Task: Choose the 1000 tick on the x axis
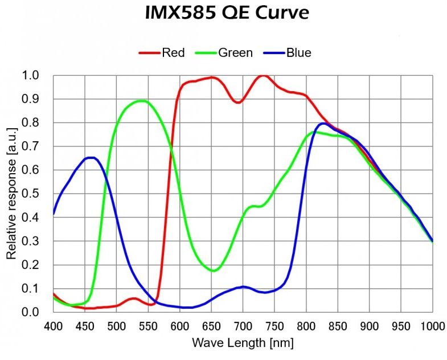432,326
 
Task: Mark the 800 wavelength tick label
306,326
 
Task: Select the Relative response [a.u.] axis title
11,194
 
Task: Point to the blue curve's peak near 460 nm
91,158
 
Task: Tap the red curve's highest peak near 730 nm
263,75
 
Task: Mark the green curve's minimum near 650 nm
213,271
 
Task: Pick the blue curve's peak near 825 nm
323,123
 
